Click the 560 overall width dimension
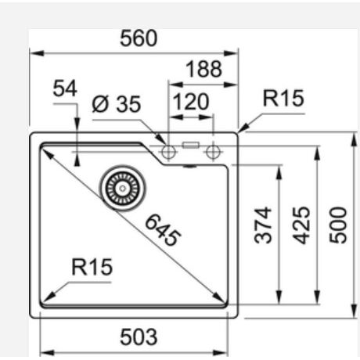[x=139, y=38]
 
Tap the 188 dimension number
[x=203, y=69]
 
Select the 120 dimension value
[x=191, y=102]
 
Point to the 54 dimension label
[x=65, y=88]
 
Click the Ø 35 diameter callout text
[x=117, y=104]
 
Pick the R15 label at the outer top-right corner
[x=283, y=99]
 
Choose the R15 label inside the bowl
[x=92, y=267]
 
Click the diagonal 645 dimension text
[x=163, y=230]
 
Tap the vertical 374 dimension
[x=263, y=225]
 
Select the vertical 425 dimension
[x=301, y=225]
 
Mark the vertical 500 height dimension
[x=338, y=225]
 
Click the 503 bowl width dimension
[x=139, y=337]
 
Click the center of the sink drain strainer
[x=122, y=188]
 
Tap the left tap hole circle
[x=168, y=152]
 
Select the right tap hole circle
[x=213, y=152]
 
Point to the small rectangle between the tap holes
[x=191, y=145]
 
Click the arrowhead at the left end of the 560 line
[x=37, y=53]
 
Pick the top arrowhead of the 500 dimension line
[x=354, y=140]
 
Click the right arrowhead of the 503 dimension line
[x=221, y=353]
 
